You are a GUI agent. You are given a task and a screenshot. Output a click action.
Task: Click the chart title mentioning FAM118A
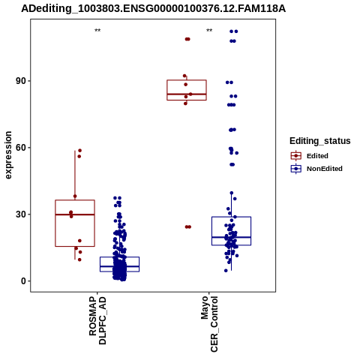tap(153, 9)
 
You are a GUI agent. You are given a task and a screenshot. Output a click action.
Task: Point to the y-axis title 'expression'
tap(8, 155)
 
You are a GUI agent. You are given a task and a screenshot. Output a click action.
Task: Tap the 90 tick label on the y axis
tap(21, 81)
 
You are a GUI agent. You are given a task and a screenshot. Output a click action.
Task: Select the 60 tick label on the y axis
tap(21, 148)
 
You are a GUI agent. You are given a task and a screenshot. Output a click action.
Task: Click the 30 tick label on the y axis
tap(21, 214)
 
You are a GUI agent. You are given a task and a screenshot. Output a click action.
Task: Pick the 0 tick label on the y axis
tap(23, 281)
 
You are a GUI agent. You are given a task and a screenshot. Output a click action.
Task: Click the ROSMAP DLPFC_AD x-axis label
tap(97, 320)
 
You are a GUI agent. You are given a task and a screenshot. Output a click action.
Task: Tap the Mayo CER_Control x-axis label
tap(209, 324)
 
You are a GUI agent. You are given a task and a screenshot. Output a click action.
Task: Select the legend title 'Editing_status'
tap(320, 141)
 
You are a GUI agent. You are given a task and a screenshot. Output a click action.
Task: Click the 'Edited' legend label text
tap(317, 156)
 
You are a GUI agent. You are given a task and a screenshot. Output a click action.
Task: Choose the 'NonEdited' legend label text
tap(325, 169)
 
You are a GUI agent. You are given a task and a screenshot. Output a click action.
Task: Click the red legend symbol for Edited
tap(296, 156)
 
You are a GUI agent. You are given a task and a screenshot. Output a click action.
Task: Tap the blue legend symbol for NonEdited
tap(296, 169)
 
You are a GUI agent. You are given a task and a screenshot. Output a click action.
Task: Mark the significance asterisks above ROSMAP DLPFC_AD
tap(97, 31)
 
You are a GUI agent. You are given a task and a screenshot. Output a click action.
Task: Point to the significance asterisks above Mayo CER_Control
tap(209, 31)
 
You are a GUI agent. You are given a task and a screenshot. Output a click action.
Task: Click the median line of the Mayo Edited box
tap(187, 94)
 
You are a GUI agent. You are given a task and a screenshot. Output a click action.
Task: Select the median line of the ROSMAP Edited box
tap(75, 214)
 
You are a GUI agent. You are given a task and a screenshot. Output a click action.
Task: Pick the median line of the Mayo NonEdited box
tap(232, 237)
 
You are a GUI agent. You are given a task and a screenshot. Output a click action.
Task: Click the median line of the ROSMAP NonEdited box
tap(119, 266)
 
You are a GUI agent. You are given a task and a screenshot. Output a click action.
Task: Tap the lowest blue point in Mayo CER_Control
tap(226, 271)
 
